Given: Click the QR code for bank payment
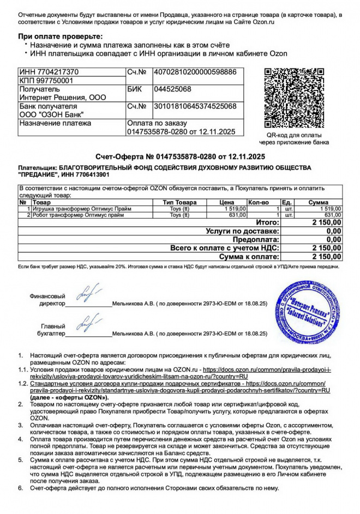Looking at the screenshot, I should pos(297,98).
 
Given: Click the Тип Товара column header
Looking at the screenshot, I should pos(179,202).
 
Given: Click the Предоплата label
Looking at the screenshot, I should pos(256,239).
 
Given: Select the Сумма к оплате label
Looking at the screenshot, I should pos(249,256).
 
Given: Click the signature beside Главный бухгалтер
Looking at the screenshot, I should pos(88,324).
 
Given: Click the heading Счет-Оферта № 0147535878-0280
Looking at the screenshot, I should pos(180,157).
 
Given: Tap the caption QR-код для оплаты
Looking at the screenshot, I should pos(297,135).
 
